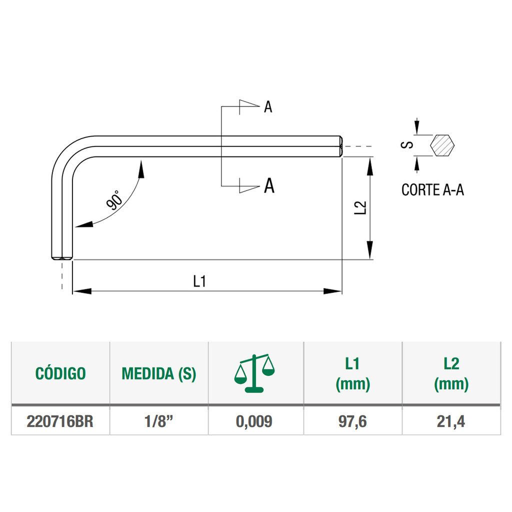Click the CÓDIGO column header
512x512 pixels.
[x=60, y=373]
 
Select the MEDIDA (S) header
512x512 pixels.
[x=159, y=373]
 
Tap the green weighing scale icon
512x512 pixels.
[x=255, y=372]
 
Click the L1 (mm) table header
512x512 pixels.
[x=353, y=373]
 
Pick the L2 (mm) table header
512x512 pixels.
[x=451, y=373]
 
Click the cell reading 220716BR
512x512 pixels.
[x=60, y=421]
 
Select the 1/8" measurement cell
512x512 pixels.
[x=159, y=421]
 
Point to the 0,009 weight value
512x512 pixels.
[x=255, y=421]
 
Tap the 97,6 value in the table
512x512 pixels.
[x=353, y=421]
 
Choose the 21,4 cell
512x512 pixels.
[x=451, y=421]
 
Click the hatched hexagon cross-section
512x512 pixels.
[x=442, y=145]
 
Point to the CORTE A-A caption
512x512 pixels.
[x=432, y=190]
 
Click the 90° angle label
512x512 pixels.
[x=114, y=200]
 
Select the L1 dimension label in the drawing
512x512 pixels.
[x=200, y=281]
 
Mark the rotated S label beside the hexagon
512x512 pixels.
[x=408, y=144]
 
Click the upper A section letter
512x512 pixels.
[x=268, y=107]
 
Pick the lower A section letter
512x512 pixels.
[x=268, y=186]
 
